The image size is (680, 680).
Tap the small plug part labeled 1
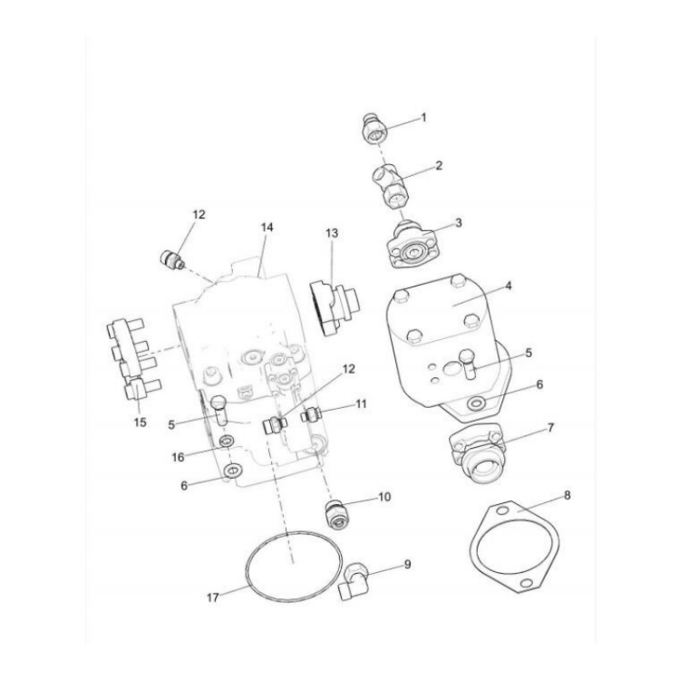(373, 131)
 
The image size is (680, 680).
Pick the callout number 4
(509, 285)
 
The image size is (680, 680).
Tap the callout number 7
(551, 426)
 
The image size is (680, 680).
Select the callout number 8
(567, 496)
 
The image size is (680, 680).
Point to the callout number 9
(407, 564)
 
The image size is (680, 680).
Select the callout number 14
(267, 228)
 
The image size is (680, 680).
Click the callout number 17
(214, 597)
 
